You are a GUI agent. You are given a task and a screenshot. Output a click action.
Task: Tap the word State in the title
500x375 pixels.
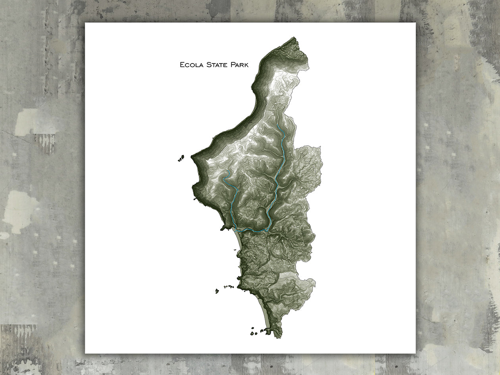217,65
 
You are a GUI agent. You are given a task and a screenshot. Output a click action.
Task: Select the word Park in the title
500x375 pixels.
239,65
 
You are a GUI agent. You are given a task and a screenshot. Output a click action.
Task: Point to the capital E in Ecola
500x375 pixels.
182,65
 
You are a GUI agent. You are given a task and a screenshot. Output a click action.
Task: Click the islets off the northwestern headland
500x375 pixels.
181,158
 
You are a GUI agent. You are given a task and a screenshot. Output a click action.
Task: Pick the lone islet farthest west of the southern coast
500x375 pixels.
217,291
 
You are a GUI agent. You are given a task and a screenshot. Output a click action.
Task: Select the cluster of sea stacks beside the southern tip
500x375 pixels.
258,331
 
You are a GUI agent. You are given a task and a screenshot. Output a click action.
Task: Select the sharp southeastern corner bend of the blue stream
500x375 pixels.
267,230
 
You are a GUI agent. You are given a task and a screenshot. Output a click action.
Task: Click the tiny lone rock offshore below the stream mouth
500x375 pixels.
235,250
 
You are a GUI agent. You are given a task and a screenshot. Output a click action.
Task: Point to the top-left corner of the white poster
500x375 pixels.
85,23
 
